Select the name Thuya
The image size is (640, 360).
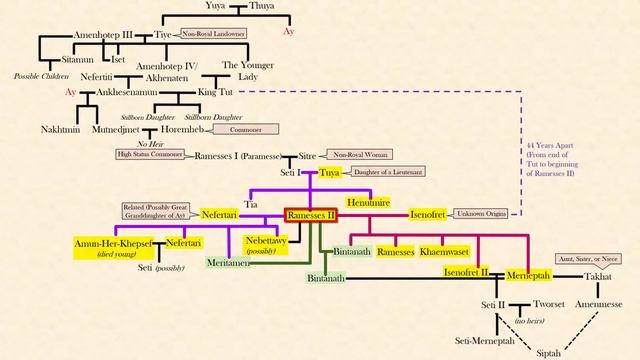click(x=263, y=6)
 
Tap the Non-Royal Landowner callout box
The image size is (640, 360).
click(x=213, y=34)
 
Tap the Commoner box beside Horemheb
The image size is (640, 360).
click(x=246, y=129)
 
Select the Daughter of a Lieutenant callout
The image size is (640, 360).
click(x=394, y=172)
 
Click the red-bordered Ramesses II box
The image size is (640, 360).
click(x=311, y=214)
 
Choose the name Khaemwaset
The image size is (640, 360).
click(x=441, y=251)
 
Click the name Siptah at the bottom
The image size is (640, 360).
click(x=548, y=352)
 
